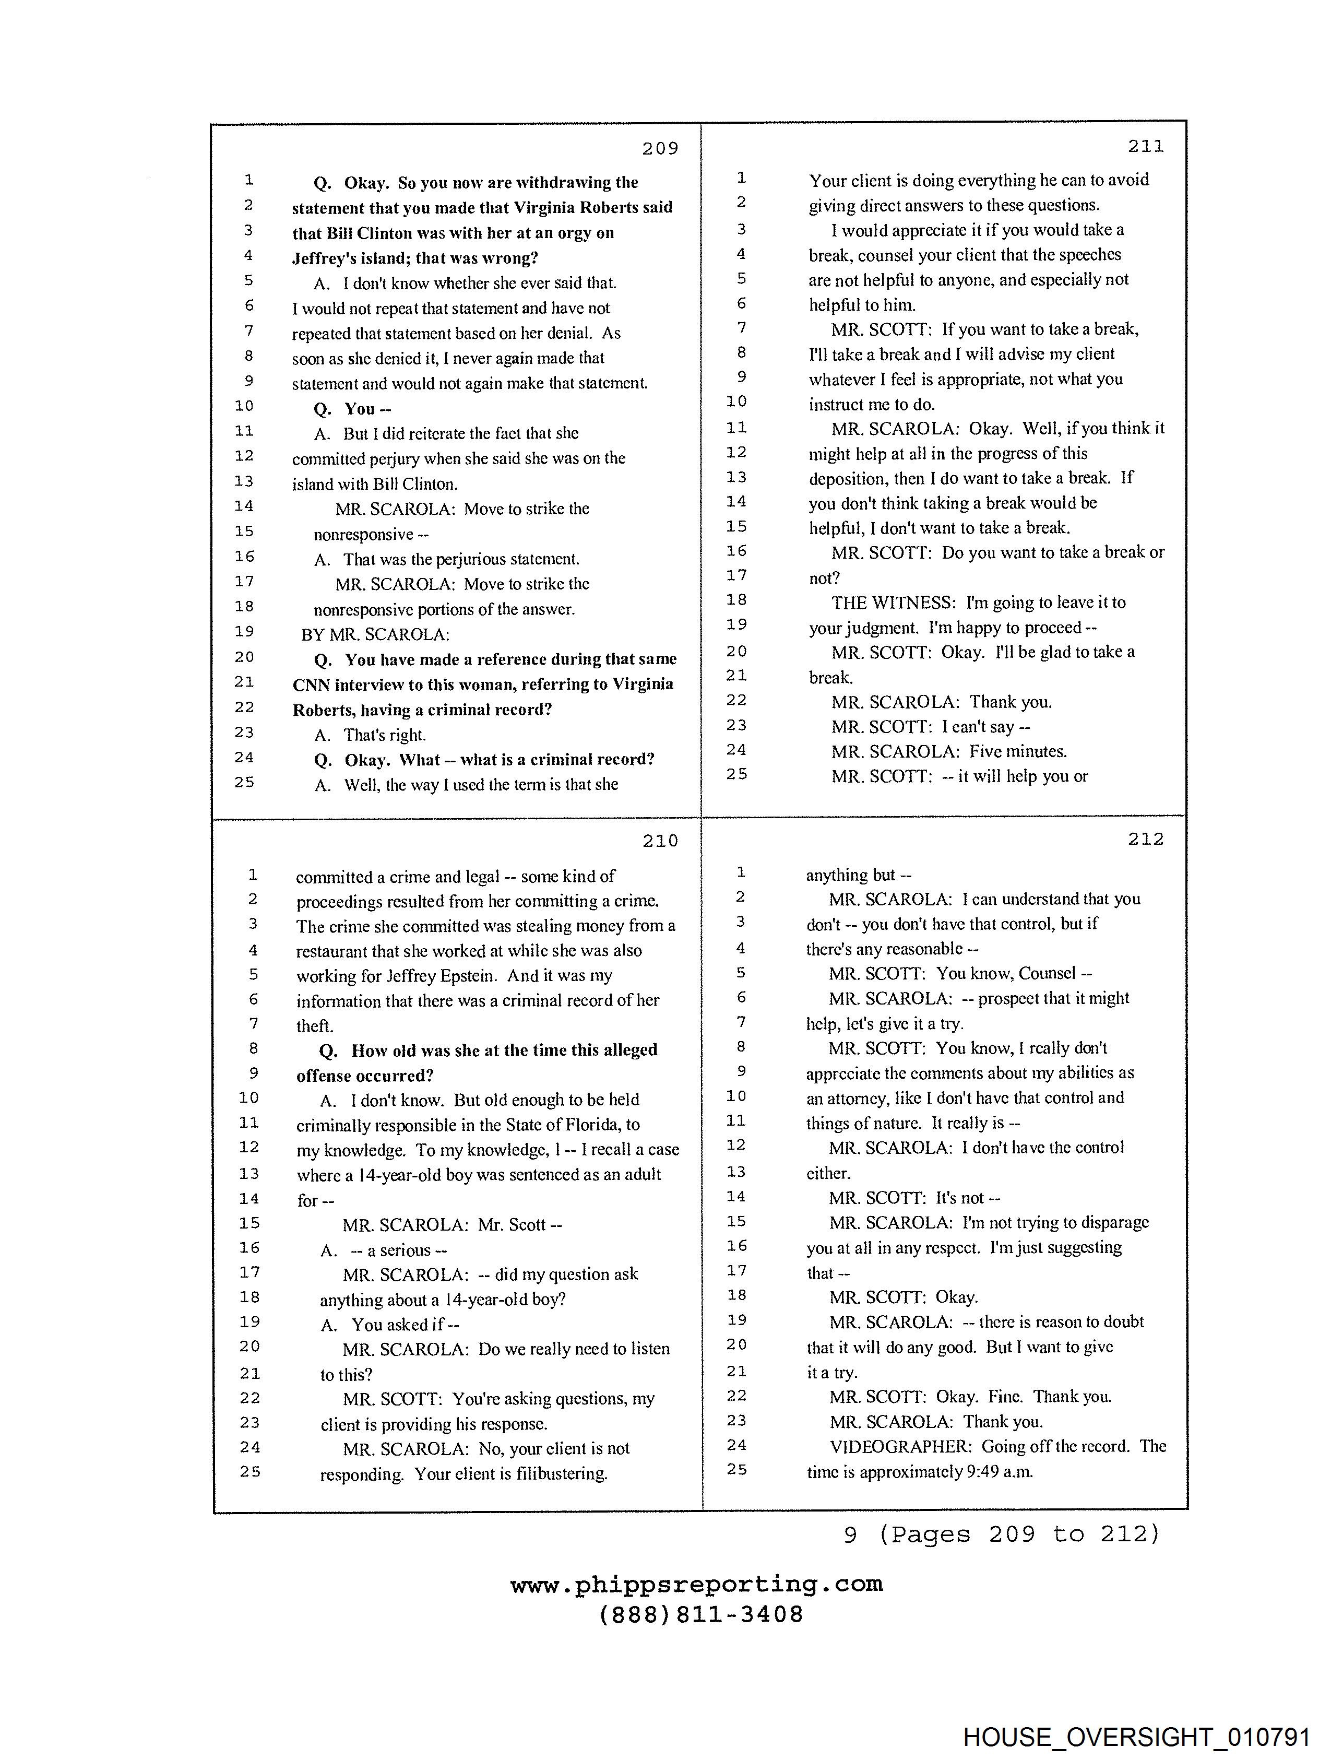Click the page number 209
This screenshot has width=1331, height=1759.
point(660,149)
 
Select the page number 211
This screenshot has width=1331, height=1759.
point(1145,146)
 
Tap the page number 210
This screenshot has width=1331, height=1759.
point(660,841)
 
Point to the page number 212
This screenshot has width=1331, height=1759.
point(1145,839)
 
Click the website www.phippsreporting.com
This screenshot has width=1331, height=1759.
point(696,1585)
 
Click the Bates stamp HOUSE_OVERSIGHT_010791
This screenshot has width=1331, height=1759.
point(1136,1737)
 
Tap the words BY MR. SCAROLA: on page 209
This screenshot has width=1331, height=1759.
point(375,634)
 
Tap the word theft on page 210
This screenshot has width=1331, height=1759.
point(313,1026)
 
